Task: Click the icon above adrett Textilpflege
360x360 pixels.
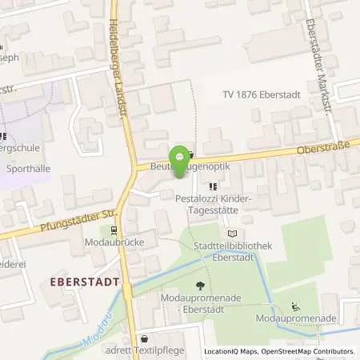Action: coord(144,338)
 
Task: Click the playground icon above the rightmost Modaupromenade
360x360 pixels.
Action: coord(296,306)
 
